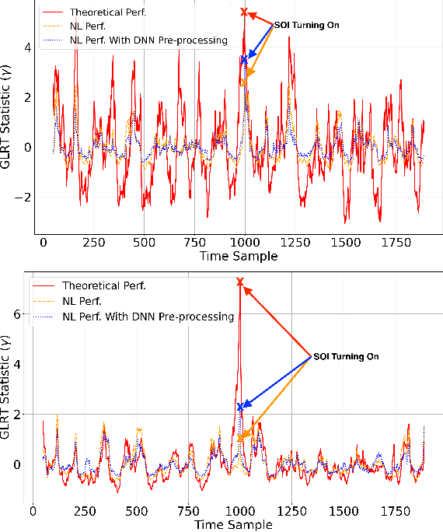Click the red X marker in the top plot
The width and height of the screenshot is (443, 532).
pyautogui.click(x=244, y=12)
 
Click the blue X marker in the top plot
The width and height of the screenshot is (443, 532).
pyautogui.click(x=244, y=59)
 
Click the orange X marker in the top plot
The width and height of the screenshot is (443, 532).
pyautogui.click(x=244, y=82)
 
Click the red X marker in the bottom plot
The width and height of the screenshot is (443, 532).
pyautogui.click(x=239, y=282)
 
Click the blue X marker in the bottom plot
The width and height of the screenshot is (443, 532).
pyautogui.click(x=240, y=406)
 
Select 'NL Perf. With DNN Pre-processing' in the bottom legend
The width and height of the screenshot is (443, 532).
pyautogui.click(x=147, y=316)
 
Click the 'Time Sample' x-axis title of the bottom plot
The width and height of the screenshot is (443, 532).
pyautogui.click(x=234, y=524)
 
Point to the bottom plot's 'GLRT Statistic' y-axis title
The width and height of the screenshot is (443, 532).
pyautogui.click(x=8, y=388)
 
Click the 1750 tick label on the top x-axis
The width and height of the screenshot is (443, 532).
pyautogui.click(x=397, y=243)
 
